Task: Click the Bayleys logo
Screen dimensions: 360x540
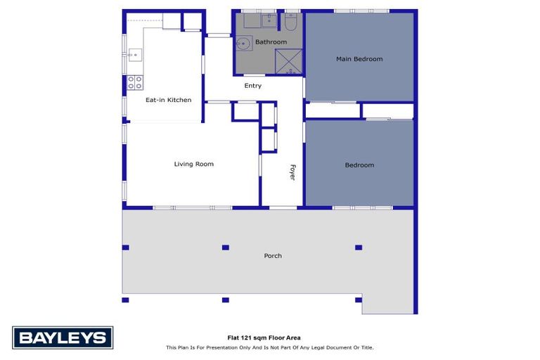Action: [x=62, y=337]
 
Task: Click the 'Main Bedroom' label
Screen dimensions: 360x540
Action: [x=359, y=59]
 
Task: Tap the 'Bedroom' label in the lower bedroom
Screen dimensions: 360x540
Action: [x=359, y=165]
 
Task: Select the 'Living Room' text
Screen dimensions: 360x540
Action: [x=193, y=165]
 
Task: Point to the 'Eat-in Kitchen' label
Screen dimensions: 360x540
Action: [x=168, y=101]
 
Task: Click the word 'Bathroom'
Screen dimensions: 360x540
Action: [x=271, y=42]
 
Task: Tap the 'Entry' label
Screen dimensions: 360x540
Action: [x=252, y=86]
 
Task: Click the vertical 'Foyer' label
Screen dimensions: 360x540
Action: [x=292, y=173]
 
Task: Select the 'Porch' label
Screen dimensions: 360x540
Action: [x=273, y=256]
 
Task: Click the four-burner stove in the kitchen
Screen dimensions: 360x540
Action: [x=135, y=82]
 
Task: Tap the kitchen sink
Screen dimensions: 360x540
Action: [x=134, y=53]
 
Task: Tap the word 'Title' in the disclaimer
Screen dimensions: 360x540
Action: [x=366, y=347]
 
